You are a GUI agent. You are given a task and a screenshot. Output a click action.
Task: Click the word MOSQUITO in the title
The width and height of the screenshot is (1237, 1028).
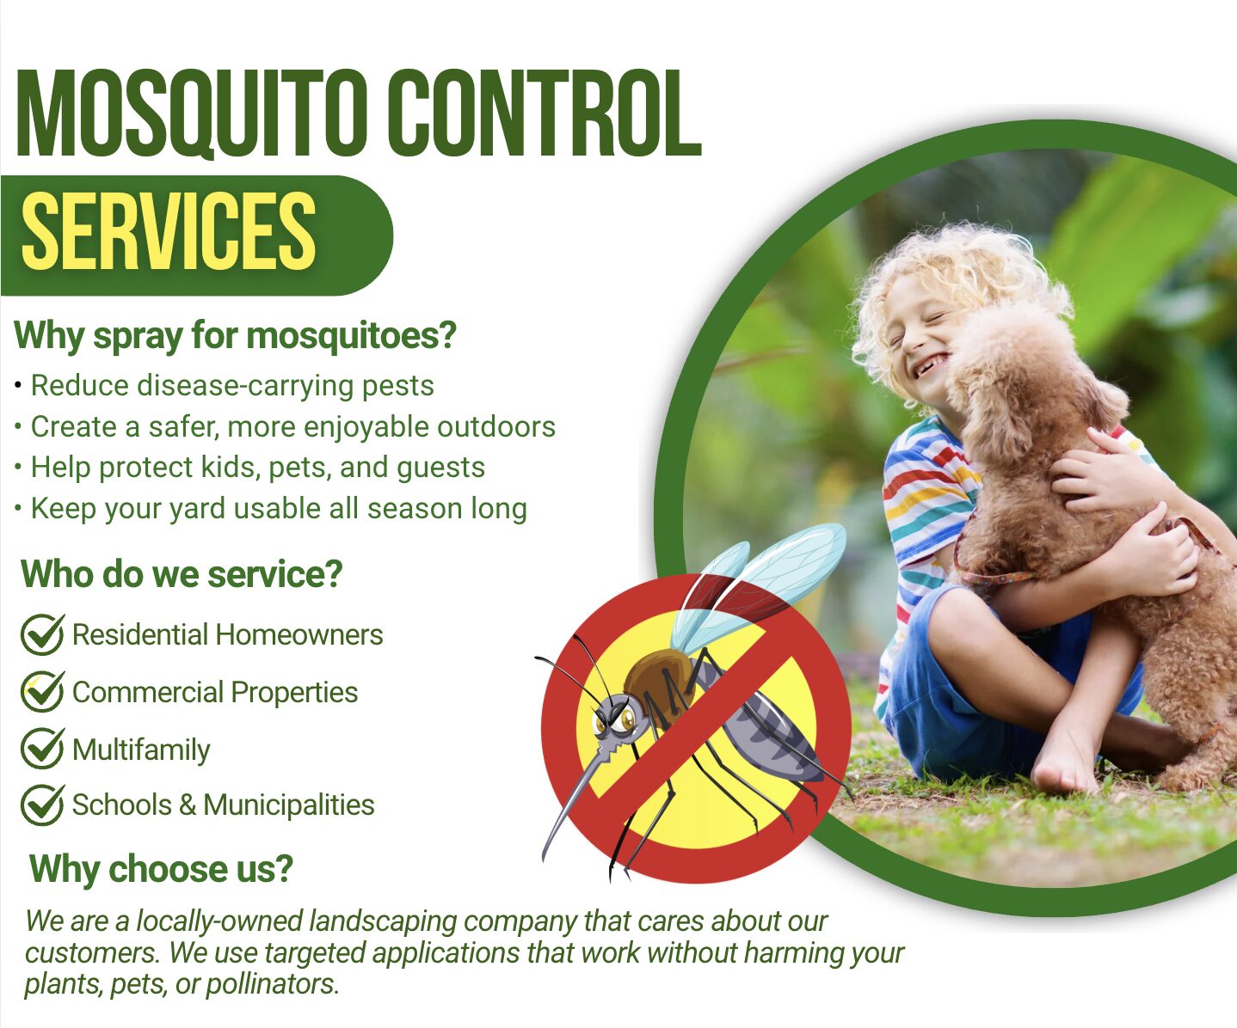coord(194,113)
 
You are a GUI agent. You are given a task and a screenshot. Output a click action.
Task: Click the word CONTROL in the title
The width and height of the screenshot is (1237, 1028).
coord(545,113)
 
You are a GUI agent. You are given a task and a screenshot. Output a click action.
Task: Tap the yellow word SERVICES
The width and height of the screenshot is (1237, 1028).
coord(169,231)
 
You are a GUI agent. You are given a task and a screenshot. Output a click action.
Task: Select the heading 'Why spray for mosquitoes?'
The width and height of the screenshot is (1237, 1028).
coord(235,336)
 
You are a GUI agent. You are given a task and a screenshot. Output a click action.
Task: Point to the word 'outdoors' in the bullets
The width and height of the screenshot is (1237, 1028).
coord(496,427)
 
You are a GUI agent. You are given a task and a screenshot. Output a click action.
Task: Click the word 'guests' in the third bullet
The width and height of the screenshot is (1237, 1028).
coord(440,468)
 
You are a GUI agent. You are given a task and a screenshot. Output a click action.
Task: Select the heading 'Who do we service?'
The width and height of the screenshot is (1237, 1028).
coord(182,574)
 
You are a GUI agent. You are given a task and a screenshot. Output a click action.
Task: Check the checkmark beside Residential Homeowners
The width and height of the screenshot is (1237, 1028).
coord(42,634)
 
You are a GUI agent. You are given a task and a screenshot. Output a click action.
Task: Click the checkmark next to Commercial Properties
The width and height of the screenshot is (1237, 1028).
coord(42,691)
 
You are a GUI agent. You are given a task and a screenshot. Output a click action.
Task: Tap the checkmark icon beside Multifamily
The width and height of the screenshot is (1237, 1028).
coord(42,748)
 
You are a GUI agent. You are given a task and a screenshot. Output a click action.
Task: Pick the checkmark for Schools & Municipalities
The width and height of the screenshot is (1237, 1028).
coord(42,805)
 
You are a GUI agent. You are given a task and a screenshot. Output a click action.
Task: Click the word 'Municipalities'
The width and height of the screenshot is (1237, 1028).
coord(289,805)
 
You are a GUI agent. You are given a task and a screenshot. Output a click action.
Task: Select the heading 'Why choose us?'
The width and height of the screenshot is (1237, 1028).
coord(161,869)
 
